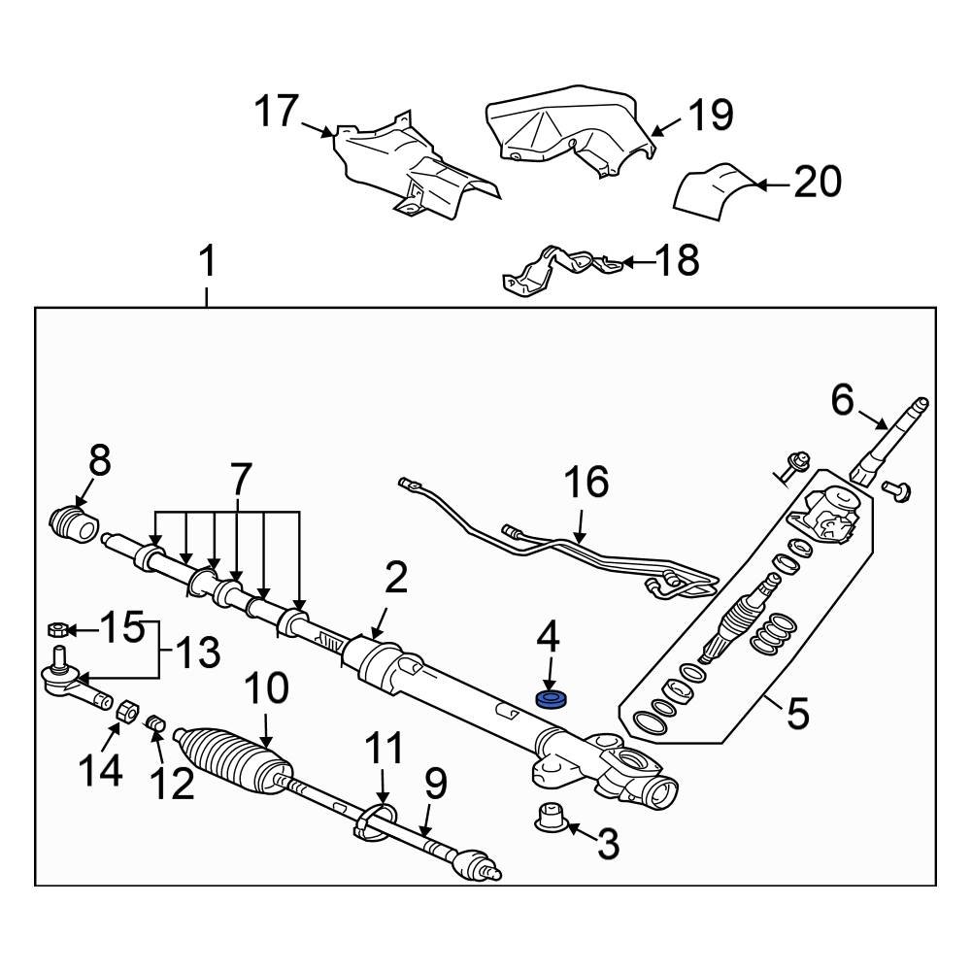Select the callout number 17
(x=277, y=112)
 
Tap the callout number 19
(x=711, y=115)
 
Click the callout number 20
(x=818, y=183)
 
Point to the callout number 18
(x=677, y=260)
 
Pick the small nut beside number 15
(x=57, y=630)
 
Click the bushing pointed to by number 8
(x=74, y=523)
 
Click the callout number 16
(x=586, y=483)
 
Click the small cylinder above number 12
(x=157, y=722)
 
